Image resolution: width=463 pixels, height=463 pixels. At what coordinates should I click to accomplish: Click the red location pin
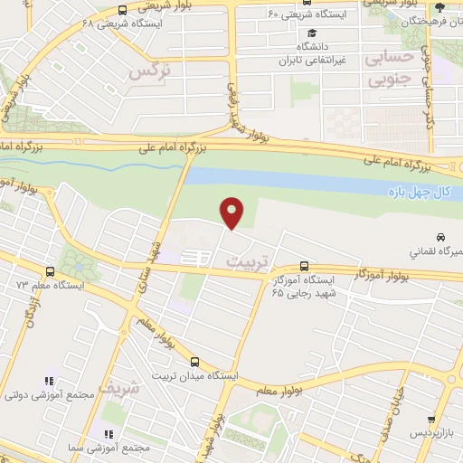[232, 213]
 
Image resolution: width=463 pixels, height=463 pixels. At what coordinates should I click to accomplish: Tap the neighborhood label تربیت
[241, 260]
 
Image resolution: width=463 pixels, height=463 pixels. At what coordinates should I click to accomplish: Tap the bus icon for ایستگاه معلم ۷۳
[49, 270]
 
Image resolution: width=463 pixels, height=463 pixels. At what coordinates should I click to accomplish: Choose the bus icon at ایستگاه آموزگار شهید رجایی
[304, 267]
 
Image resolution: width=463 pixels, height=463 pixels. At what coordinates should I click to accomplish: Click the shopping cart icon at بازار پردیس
[431, 420]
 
